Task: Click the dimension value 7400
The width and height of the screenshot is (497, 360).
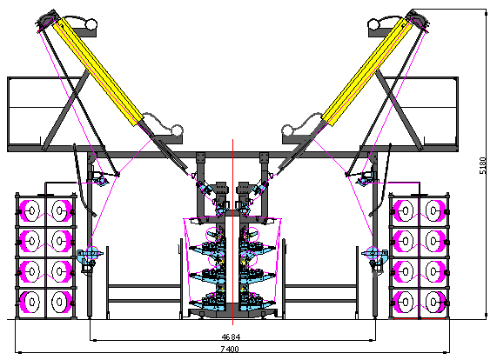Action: [x=230, y=349]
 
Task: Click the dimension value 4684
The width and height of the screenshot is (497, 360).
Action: [x=231, y=337]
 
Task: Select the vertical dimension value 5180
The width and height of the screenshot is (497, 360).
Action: [x=482, y=165]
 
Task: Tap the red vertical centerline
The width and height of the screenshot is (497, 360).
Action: [x=232, y=232]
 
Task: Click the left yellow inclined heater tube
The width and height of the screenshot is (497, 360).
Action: [x=97, y=71]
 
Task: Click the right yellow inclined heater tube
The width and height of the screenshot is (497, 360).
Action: [x=367, y=71]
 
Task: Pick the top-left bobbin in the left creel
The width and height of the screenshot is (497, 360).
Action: [x=30, y=210]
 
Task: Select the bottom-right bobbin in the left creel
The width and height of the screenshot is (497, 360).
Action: [x=60, y=302]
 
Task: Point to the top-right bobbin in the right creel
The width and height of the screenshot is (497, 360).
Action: [x=435, y=210]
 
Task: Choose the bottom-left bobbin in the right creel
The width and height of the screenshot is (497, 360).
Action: [x=404, y=302]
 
